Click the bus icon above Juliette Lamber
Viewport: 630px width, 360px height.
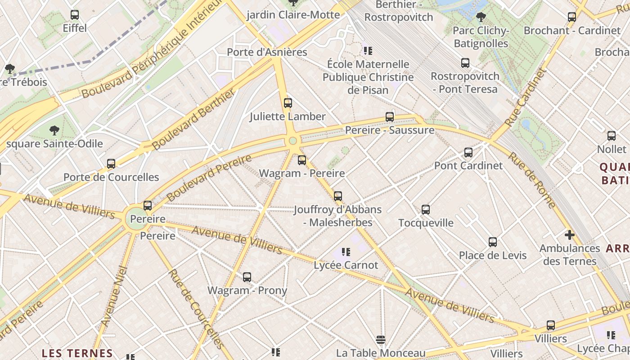coord(288,103)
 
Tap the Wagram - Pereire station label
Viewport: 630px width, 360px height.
coord(302,173)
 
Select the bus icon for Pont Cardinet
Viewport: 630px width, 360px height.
coord(468,153)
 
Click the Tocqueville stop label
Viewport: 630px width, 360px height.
coord(426,223)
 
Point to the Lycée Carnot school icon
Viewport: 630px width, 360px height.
coord(346,252)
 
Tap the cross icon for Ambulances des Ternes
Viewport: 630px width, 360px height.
coord(570,235)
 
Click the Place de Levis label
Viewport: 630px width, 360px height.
coord(492,256)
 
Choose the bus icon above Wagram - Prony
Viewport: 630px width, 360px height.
coord(247,277)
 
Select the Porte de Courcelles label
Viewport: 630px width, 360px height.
coord(111,177)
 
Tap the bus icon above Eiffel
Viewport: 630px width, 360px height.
coord(75,15)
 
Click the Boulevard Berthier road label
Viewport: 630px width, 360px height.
coord(194,119)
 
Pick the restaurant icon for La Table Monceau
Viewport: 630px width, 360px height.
coord(381,339)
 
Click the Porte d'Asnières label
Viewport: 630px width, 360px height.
coord(267,52)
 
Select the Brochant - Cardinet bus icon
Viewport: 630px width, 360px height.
coord(572,18)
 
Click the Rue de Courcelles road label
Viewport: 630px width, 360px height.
coord(196,308)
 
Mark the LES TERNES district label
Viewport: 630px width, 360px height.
coord(77,353)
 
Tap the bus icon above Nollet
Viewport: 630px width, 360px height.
coord(612,136)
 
